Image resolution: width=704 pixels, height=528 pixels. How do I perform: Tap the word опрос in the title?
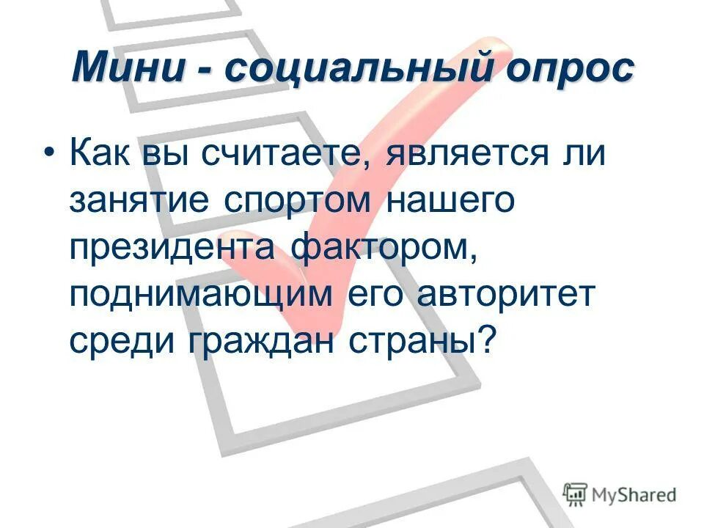[568, 71]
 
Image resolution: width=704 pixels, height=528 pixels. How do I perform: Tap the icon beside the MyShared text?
[576, 494]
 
